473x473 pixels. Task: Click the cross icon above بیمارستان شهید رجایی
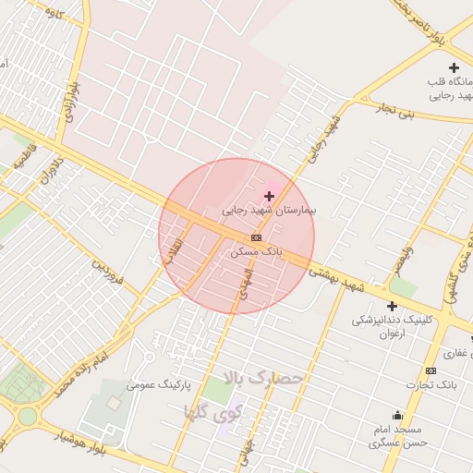(269, 196)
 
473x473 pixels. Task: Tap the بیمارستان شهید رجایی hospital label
(269, 211)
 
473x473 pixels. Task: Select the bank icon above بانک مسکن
(256, 237)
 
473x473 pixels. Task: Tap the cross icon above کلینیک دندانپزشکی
(392, 306)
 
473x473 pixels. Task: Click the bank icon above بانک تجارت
(429, 370)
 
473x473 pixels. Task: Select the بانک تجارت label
(434, 382)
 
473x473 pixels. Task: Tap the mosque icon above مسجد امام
(398, 415)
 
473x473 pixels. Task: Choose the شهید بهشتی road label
(336, 281)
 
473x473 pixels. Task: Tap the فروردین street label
(107, 271)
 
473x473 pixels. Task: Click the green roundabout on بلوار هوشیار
(28, 416)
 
